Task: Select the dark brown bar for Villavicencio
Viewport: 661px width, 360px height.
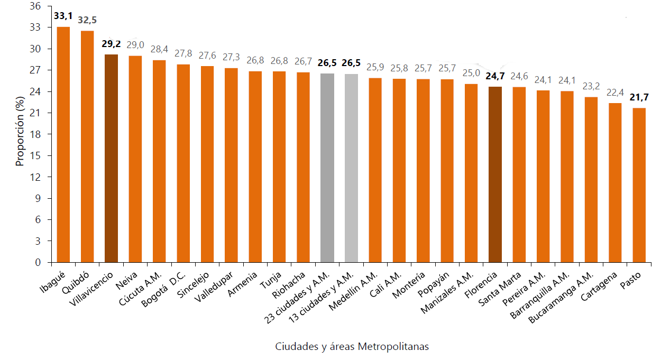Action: point(111,159)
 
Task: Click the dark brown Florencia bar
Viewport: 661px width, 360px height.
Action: point(495,174)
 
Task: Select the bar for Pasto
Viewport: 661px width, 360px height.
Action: point(639,185)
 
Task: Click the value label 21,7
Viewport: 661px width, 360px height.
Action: point(639,97)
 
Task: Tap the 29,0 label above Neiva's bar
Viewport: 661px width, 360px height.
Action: point(135,46)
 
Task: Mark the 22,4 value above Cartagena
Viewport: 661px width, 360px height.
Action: point(615,93)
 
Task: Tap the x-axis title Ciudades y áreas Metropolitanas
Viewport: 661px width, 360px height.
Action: point(352,347)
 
